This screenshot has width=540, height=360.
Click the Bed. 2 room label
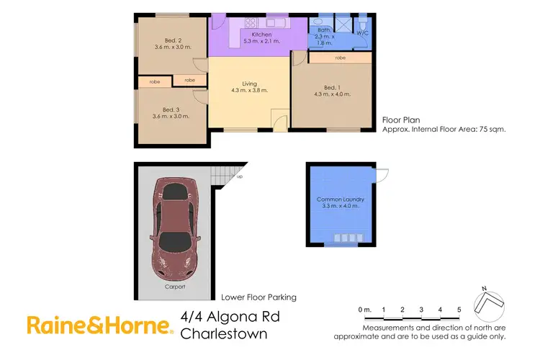tap(167, 40)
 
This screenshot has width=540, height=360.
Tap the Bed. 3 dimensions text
tap(167, 117)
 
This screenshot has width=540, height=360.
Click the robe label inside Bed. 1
tap(339, 57)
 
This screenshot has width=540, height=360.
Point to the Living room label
tap(249, 84)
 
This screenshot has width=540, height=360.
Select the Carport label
tap(174, 286)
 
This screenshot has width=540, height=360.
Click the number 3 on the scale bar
tap(421, 310)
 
